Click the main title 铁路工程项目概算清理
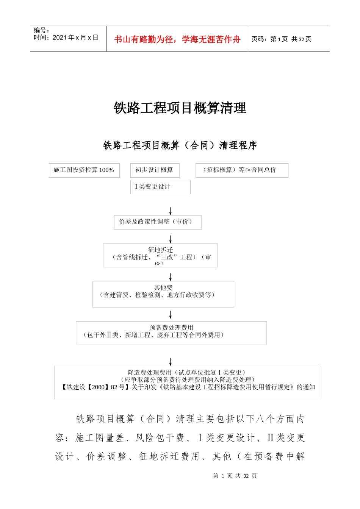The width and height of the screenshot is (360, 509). coord(180,108)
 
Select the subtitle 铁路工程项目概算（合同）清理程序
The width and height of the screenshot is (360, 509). coord(180,145)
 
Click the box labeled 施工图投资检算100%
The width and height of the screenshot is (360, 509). coord(84,170)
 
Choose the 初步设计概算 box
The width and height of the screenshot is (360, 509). coord(154,170)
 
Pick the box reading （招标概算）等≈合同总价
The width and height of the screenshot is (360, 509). coord(241,170)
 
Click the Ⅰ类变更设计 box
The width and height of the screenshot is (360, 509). coord(160,187)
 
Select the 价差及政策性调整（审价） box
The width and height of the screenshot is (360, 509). coord(157,222)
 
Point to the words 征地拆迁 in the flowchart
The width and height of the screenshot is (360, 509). coord(160,250)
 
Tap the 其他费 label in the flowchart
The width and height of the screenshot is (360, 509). coord(163,288)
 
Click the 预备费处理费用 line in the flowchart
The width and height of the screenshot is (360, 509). coord(171,328)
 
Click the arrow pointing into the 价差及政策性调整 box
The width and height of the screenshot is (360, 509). coord(171,211)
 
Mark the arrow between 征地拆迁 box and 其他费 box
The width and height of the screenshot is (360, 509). coord(171,277)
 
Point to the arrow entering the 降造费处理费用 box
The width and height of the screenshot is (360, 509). coord(171,362)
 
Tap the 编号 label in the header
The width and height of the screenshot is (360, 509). coord(41,30)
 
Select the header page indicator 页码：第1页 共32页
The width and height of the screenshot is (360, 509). coord(281,39)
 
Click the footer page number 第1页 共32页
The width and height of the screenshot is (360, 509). coord(235,476)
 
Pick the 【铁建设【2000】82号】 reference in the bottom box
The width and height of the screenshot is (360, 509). coord(95,387)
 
